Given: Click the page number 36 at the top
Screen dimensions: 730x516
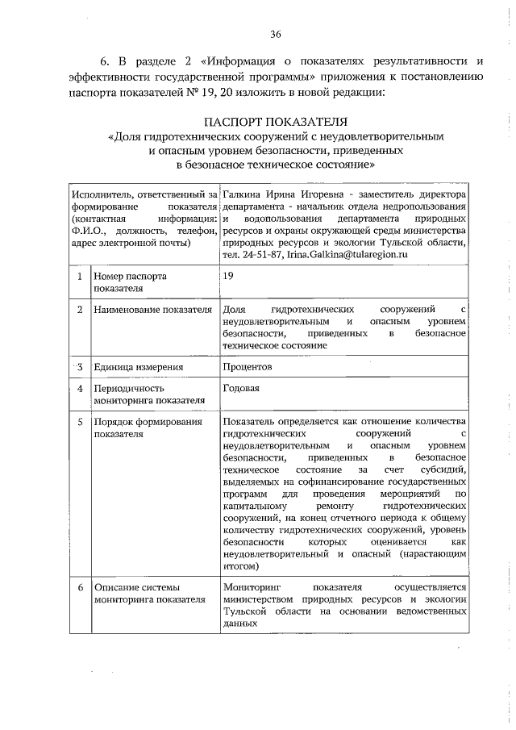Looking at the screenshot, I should tap(275, 33).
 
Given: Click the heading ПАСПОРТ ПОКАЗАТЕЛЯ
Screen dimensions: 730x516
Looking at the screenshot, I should tap(275, 122).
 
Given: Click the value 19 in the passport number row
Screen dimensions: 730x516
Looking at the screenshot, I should tap(230, 276).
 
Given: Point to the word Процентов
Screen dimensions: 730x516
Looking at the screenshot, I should tap(248, 366).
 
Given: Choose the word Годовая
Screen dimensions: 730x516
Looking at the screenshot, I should tap(241, 388).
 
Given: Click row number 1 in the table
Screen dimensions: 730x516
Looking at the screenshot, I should tap(79, 277).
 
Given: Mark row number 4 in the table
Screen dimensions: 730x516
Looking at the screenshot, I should tap(79, 388).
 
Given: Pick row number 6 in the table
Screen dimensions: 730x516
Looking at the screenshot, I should tap(79, 587).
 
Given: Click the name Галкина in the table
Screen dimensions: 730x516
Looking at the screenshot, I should tap(242, 195).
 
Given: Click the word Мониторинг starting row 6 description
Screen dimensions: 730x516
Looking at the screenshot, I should tap(253, 587).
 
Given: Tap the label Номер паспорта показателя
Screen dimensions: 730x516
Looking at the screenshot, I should tap(130, 282).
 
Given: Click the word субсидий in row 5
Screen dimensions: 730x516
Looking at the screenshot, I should tap(442, 467).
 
